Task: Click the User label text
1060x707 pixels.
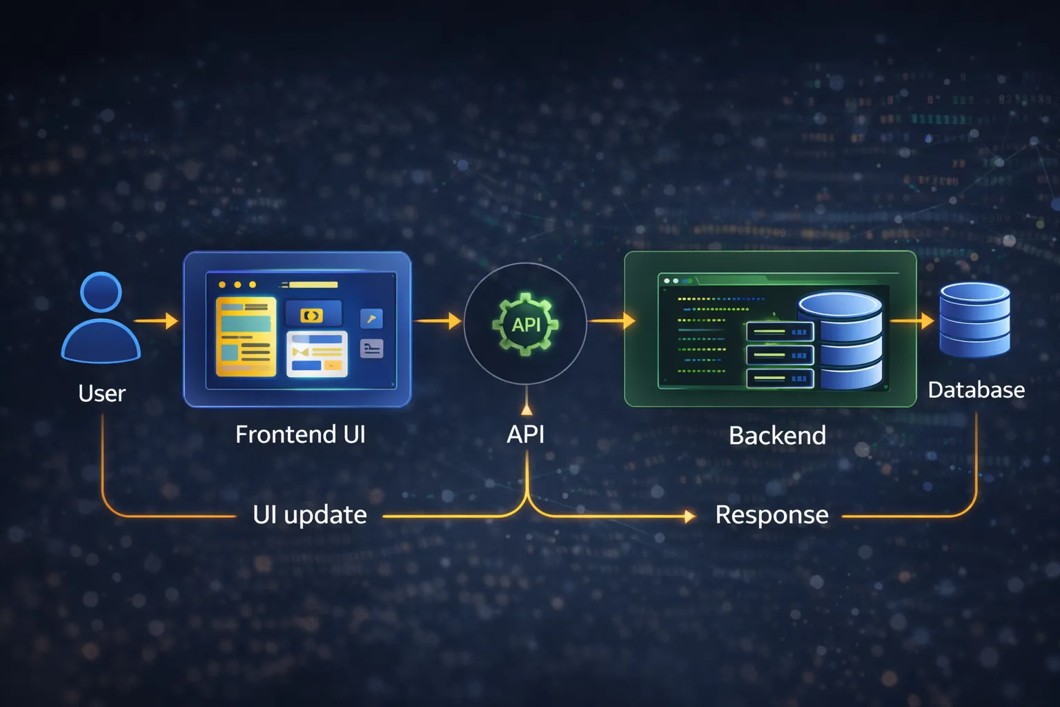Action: click(x=101, y=394)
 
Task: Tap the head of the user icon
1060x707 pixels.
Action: click(x=101, y=292)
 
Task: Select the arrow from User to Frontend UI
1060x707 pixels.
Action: click(x=156, y=321)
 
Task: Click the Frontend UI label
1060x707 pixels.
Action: click(x=300, y=434)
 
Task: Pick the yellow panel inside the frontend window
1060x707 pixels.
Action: click(x=246, y=337)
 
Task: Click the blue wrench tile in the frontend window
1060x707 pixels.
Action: click(x=371, y=318)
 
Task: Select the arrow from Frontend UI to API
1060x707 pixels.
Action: click(x=438, y=321)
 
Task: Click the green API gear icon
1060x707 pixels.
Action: click(x=526, y=324)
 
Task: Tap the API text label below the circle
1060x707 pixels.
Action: click(x=526, y=434)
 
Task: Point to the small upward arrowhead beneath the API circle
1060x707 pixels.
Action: click(x=527, y=409)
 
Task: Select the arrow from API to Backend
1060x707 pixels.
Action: click(x=611, y=321)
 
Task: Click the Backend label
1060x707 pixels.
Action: click(x=777, y=436)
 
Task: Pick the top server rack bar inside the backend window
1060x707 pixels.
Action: click(x=780, y=332)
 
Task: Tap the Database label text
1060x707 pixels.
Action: click(x=976, y=390)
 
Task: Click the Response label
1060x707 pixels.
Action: click(x=772, y=515)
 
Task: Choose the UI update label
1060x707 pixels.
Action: click(x=309, y=515)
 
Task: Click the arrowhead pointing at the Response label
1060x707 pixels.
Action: click(x=689, y=516)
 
